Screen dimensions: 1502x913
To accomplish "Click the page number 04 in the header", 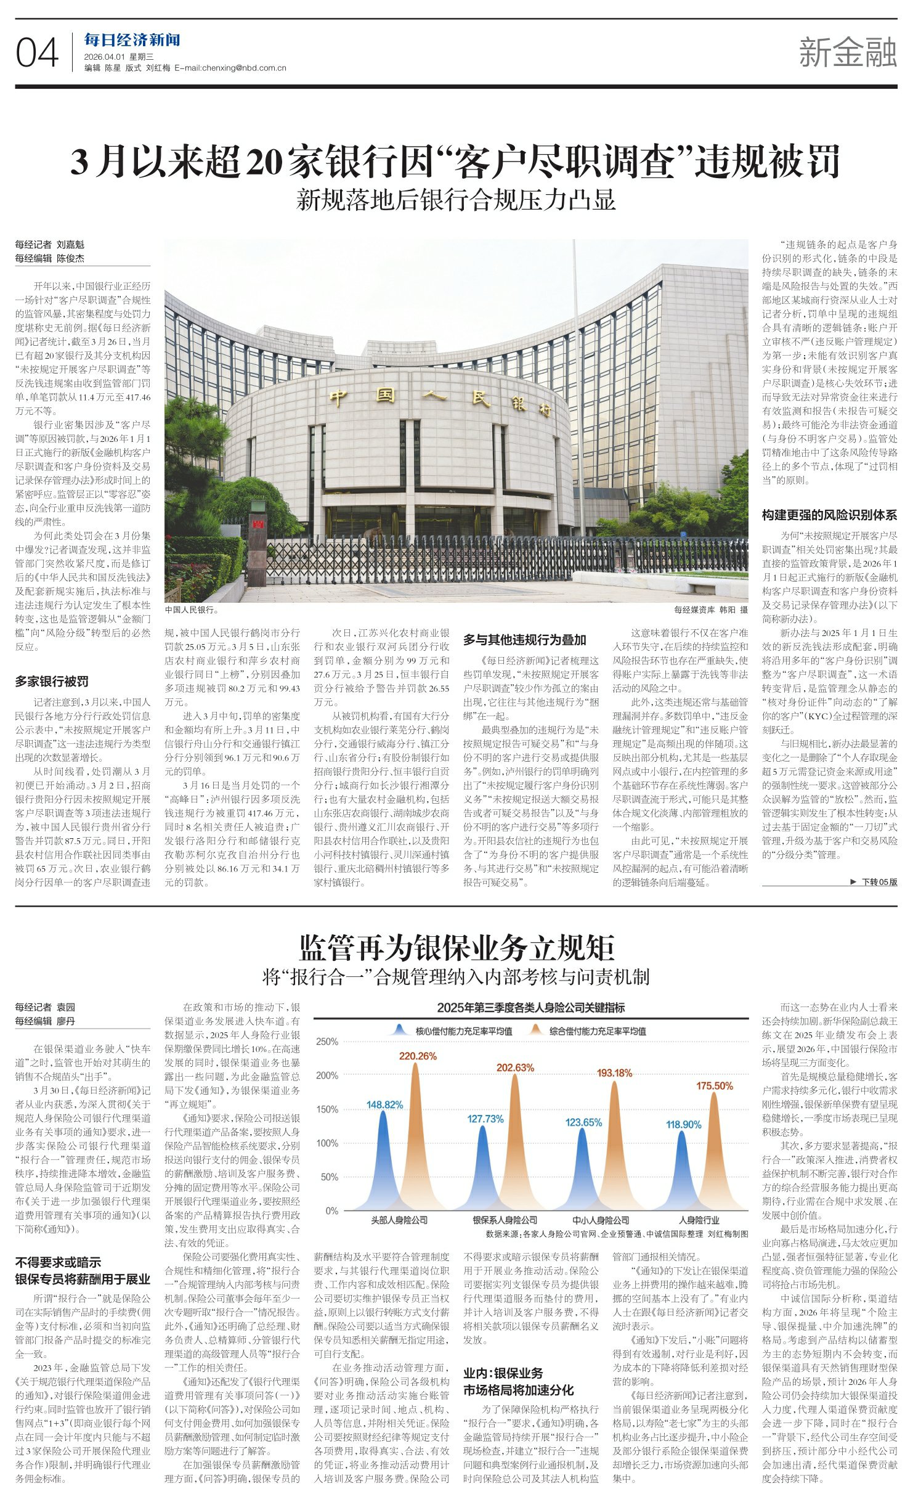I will point(37,53).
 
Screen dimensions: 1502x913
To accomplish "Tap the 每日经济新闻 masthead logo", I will point(132,41).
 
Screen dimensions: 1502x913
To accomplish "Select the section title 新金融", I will point(847,52).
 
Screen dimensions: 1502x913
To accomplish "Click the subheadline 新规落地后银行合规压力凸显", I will point(456,200).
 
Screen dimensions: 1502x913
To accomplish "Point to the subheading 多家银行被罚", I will point(52,681).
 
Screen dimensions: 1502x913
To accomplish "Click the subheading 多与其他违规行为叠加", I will point(524,640).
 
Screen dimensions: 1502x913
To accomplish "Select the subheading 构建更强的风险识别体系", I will point(829,515).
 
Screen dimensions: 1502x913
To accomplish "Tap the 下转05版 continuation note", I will point(874,882).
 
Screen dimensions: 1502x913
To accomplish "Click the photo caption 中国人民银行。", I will point(192,610).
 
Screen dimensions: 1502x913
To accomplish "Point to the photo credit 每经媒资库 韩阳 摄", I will point(710,610).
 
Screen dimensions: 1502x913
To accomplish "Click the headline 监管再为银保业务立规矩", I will point(456,947).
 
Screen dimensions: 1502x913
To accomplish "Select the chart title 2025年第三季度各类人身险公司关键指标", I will point(530,1007).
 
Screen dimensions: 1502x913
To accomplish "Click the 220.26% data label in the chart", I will point(418,1056).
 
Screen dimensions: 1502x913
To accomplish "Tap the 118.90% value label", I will point(683,1124).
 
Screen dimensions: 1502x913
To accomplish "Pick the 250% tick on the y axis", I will point(327,1042).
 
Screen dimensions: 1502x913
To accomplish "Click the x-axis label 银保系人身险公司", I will point(505,1220).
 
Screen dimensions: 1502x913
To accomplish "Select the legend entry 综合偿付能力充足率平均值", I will point(597,1031).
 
